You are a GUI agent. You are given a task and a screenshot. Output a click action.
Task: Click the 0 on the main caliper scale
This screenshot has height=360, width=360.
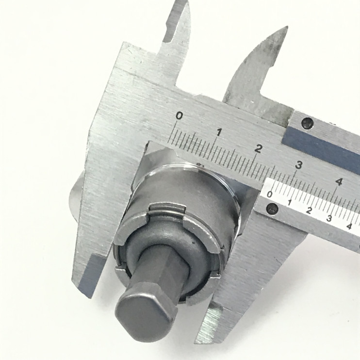[179, 116]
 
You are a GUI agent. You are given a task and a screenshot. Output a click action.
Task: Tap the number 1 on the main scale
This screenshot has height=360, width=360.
[219, 131]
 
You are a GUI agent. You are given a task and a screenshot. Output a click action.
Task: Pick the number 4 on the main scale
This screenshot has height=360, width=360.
[339, 182]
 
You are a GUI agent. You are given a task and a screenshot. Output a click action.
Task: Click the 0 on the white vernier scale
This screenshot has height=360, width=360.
[270, 195]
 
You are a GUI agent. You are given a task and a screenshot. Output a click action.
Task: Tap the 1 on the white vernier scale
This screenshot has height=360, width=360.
[290, 202]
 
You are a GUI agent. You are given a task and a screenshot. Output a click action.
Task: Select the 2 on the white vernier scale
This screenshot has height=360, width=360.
[309, 211]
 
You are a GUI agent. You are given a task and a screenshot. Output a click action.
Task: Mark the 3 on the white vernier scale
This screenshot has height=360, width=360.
[329, 218]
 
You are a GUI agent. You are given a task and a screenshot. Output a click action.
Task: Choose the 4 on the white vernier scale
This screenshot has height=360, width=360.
[349, 226]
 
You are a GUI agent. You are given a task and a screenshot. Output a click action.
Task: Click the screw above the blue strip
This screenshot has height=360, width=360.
[307, 124]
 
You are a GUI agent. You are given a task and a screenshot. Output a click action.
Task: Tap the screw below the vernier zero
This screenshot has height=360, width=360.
[273, 209]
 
